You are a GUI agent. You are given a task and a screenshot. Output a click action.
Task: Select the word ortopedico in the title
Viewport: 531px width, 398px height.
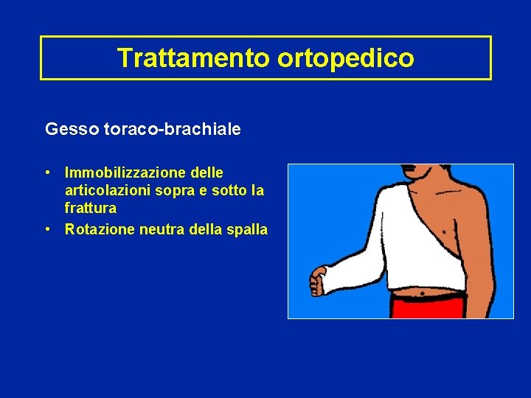(346, 57)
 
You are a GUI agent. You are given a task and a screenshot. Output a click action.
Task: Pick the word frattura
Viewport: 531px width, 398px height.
(90, 209)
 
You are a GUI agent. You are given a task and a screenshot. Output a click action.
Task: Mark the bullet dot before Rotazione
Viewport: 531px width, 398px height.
(47, 229)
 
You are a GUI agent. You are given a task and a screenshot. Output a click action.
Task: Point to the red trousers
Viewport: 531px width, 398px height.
(428, 308)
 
